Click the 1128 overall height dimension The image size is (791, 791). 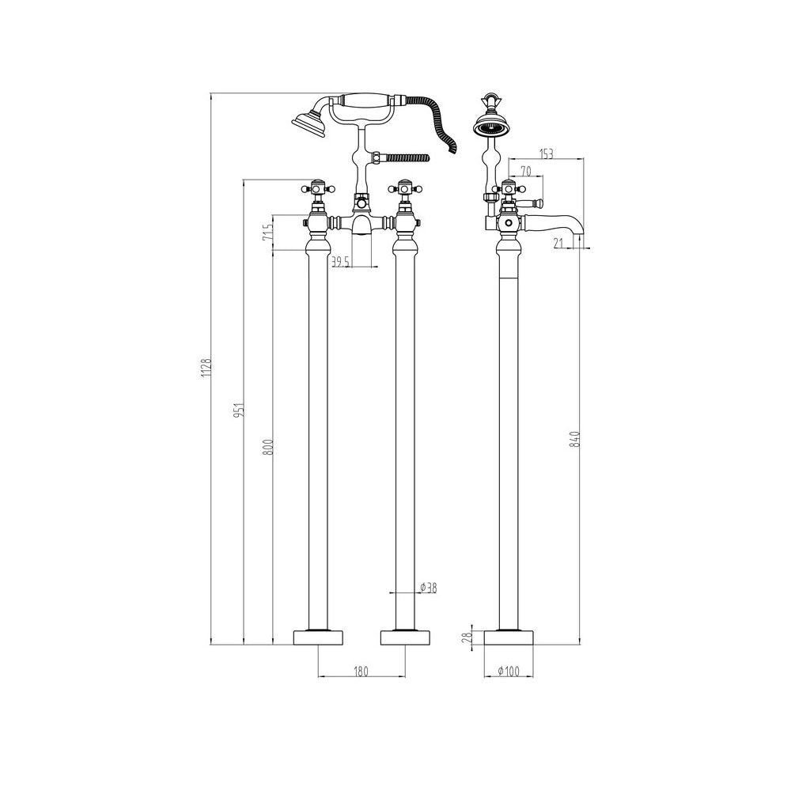[205, 369]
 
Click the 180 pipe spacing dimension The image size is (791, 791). [361, 672]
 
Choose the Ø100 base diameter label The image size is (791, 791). [508, 672]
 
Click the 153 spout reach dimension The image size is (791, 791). [547, 154]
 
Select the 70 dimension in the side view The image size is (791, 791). [526, 171]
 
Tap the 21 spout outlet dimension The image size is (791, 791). [558, 244]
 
